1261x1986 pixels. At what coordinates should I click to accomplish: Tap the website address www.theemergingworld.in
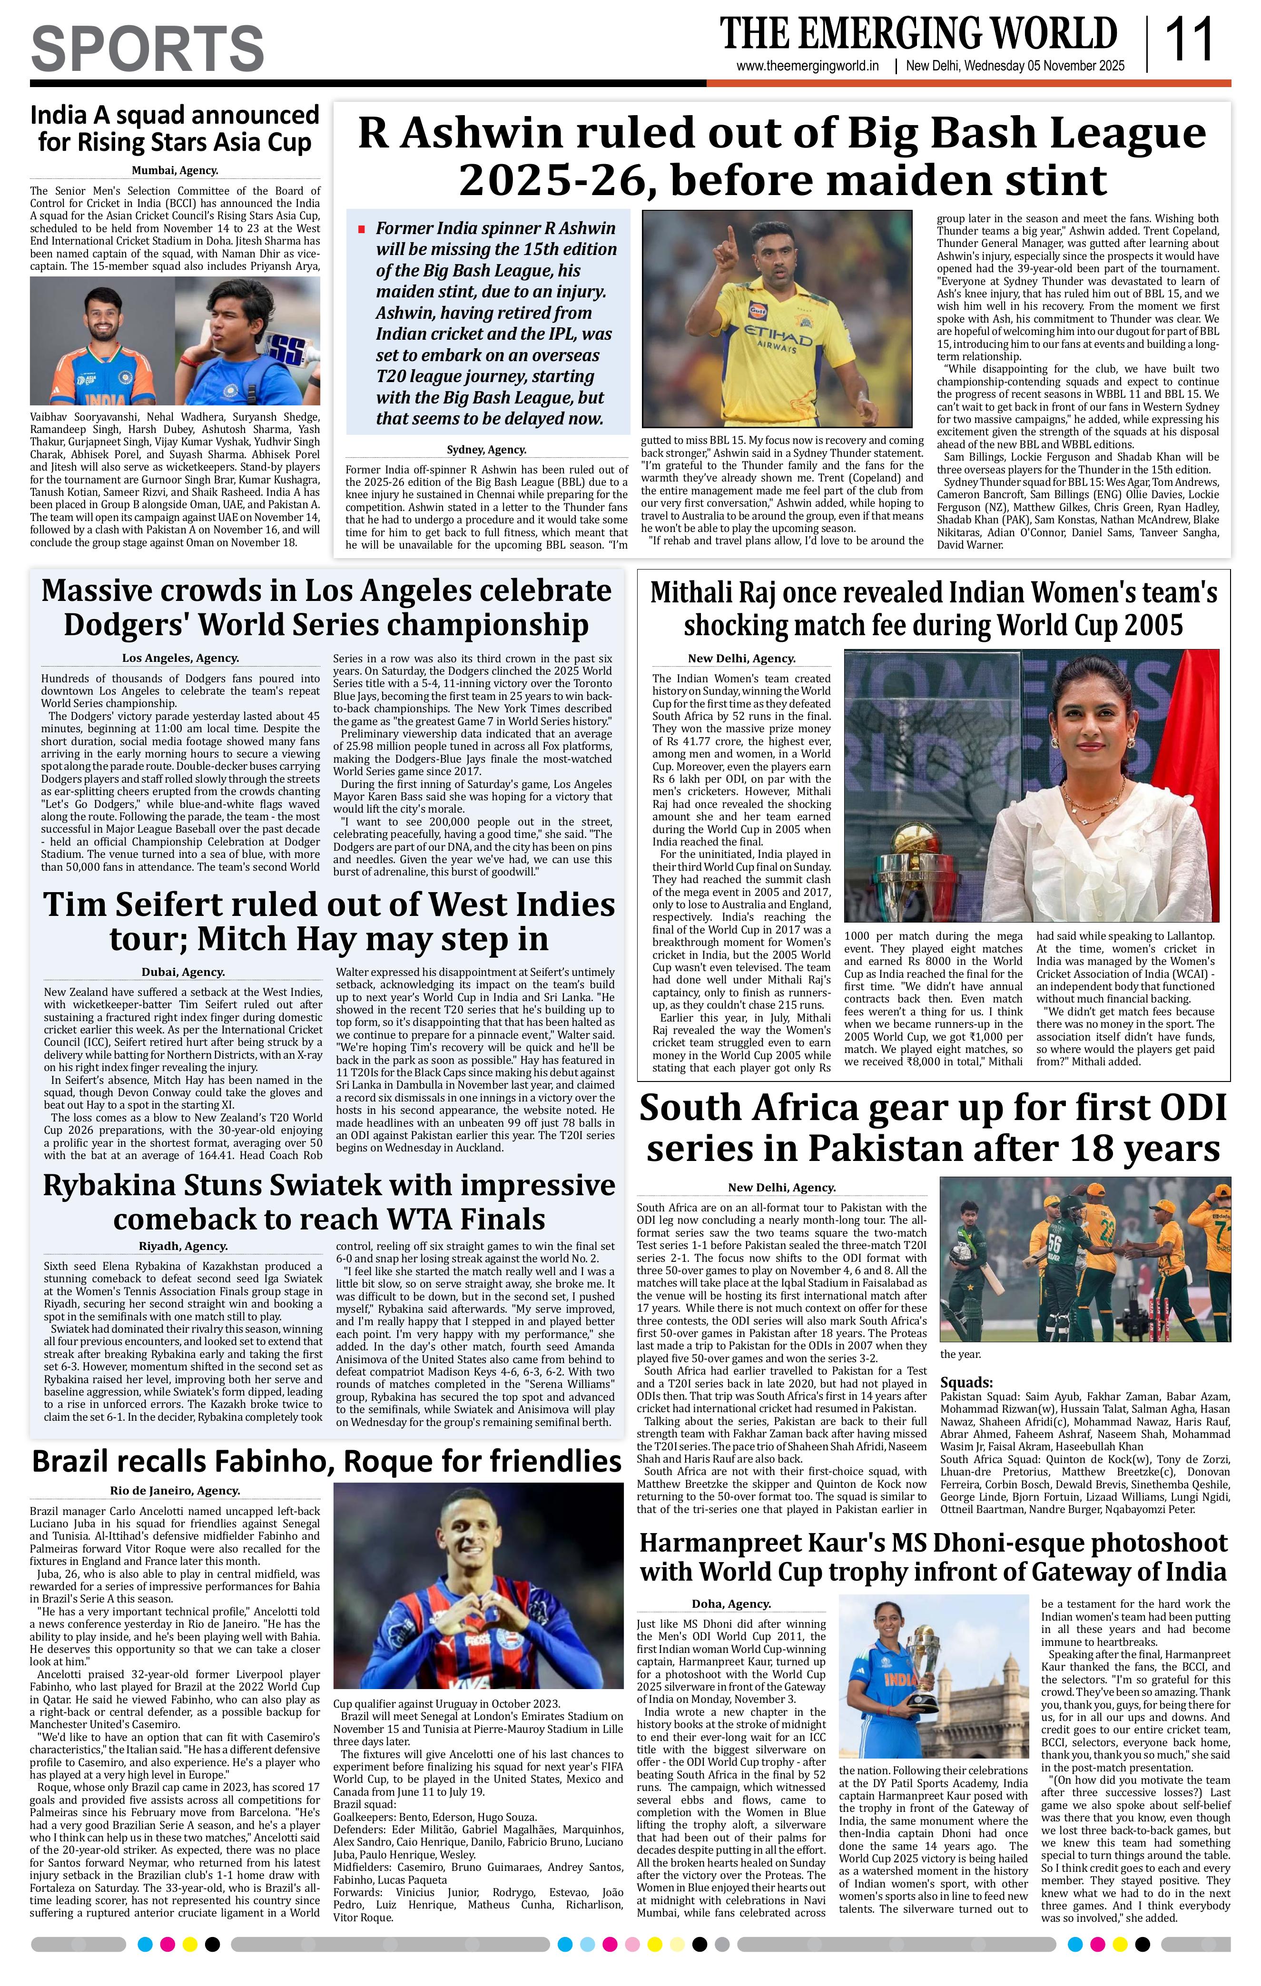[808, 67]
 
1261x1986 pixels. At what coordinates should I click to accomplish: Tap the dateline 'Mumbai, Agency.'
[175, 171]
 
